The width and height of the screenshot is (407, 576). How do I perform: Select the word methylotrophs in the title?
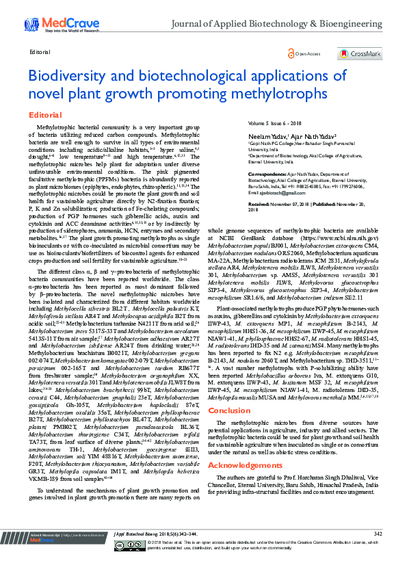click(x=278, y=93)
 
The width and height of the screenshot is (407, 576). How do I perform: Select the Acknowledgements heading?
click(x=244, y=465)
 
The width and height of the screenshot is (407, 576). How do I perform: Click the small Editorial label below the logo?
click(x=40, y=52)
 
